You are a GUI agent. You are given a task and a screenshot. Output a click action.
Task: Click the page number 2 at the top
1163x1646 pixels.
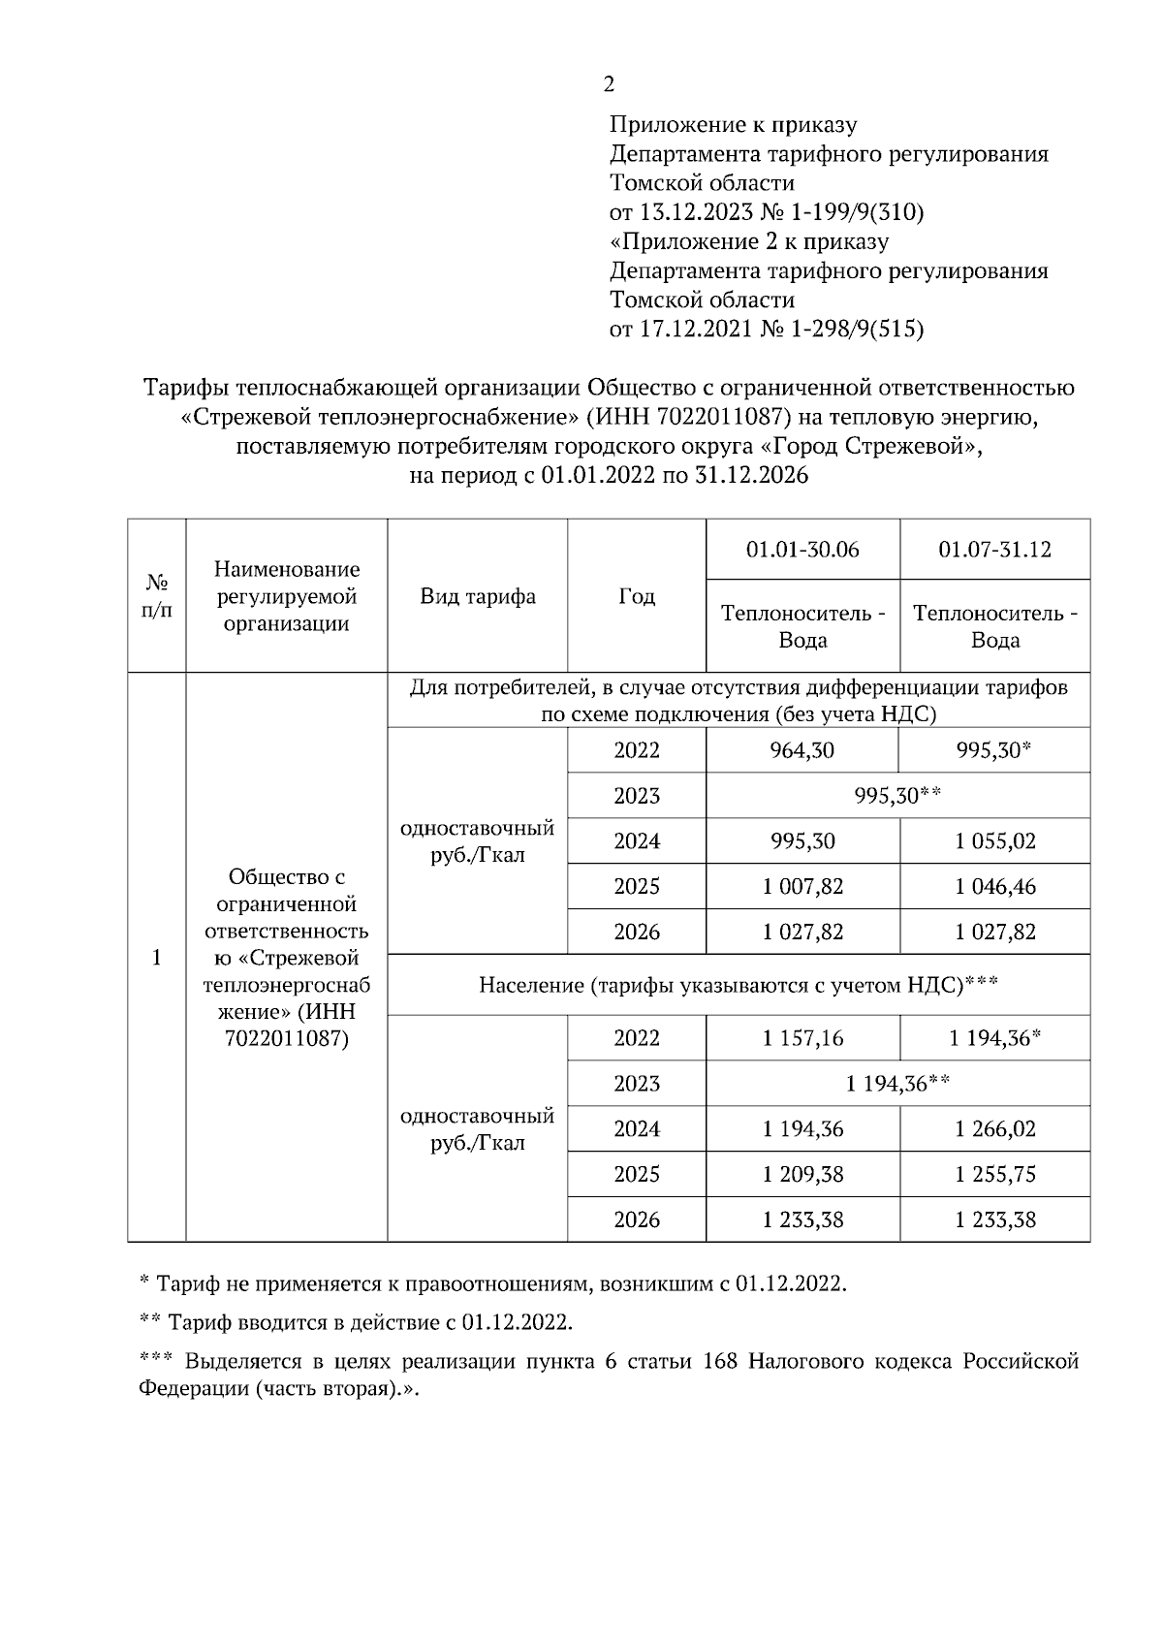pyautogui.click(x=608, y=85)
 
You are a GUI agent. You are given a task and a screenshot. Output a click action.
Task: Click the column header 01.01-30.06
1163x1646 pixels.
pyautogui.click(x=802, y=550)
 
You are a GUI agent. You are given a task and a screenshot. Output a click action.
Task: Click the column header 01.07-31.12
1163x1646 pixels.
pyautogui.click(x=994, y=550)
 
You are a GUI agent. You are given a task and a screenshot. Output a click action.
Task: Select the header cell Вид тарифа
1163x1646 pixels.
pyautogui.click(x=477, y=596)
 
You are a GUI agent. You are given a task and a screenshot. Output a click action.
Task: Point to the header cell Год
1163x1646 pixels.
pyautogui.click(x=636, y=596)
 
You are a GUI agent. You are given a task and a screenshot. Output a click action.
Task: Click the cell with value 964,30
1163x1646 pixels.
pyautogui.click(x=802, y=750)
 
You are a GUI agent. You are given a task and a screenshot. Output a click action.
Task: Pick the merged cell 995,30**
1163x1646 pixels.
pyautogui.click(x=897, y=796)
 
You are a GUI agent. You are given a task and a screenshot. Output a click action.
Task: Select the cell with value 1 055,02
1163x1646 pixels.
pyautogui.click(x=994, y=841)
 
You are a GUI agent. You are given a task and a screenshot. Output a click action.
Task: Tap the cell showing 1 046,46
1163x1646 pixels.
pyautogui.click(x=994, y=886)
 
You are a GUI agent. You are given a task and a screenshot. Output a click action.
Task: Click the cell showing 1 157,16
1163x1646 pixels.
pyautogui.click(x=802, y=1038)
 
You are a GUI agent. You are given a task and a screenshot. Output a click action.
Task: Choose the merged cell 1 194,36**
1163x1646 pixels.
pyautogui.click(x=897, y=1084)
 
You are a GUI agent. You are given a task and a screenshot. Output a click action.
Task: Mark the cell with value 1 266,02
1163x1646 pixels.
pyautogui.click(x=994, y=1129)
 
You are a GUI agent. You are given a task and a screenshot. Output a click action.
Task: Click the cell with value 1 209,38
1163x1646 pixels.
pyautogui.click(x=802, y=1175)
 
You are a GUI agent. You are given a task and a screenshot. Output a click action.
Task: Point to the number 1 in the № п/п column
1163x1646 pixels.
pyautogui.click(x=156, y=958)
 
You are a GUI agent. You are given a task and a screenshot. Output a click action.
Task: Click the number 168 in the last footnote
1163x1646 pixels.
pyautogui.click(x=720, y=1362)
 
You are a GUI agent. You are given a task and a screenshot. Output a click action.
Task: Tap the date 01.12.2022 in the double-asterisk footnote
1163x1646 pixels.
pyautogui.click(x=516, y=1323)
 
